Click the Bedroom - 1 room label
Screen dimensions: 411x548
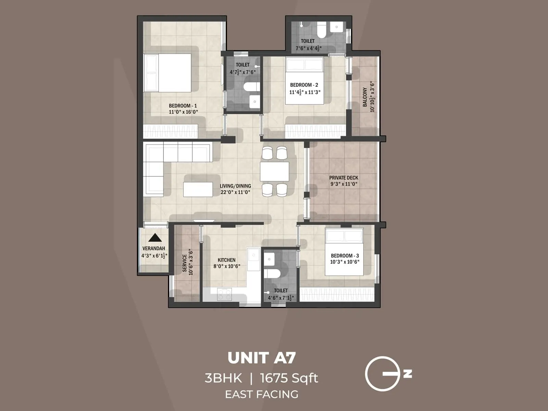183,106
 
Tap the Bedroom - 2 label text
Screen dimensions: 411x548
304,85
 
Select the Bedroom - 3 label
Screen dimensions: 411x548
345,256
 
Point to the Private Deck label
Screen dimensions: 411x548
344,178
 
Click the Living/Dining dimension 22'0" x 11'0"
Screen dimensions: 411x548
235,192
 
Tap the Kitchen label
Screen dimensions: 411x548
226,260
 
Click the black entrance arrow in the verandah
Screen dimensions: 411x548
155,237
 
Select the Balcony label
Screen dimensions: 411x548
365,97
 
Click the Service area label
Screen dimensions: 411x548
185,263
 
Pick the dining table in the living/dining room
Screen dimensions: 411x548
274,171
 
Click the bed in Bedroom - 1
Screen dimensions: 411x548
167,73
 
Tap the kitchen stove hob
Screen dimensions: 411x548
225,294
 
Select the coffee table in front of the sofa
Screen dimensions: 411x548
198,189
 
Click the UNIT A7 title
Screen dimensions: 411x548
261,358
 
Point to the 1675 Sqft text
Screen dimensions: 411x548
289,378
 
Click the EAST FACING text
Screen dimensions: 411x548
261,394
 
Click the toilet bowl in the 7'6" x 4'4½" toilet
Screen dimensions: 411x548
322,30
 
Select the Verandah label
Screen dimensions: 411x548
154,248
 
